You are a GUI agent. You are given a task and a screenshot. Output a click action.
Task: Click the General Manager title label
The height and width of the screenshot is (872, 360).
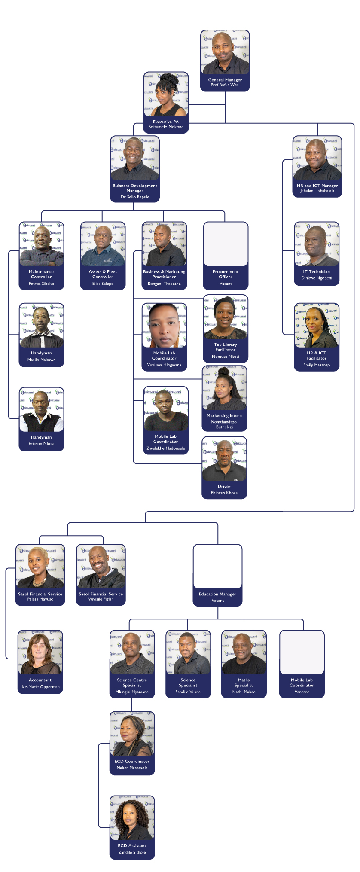pyautogui.click(x=225, y=80)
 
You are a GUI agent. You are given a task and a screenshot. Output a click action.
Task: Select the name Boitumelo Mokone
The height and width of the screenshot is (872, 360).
pyautogui.click(x=166, y=127)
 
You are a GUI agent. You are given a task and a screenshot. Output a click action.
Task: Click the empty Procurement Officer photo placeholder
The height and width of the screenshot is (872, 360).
pyautogui.click(x=226, y=244)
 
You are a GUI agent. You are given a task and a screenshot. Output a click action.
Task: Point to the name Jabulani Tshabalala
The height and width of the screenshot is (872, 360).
pyautogui.click(x=317, y=191)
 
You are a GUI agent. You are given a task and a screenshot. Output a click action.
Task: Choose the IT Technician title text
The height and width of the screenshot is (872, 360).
pyautogui.click(x=317, y=272)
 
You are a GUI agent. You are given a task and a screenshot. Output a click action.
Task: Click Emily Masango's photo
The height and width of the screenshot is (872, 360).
pyautogui.click(x=317, y=325)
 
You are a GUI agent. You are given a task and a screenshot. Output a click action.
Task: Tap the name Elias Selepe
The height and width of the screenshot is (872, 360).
pyautogui.click(x=103, y=284)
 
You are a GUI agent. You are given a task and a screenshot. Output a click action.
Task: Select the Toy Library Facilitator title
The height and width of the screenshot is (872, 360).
pyautogui.click(x=226, y=347)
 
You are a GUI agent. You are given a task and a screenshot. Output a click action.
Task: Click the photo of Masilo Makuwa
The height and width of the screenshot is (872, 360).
pyautogui.click(x=41, y=325)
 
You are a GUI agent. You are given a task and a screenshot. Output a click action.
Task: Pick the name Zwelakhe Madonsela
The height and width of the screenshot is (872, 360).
pyautogui.click(x=166, y=448)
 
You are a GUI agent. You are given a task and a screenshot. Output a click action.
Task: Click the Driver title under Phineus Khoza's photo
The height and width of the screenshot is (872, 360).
pyautogui.click(x=224, y=487)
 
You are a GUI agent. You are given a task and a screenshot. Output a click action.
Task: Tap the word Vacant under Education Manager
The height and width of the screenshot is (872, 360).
pyautogui.click(x=218, y=601)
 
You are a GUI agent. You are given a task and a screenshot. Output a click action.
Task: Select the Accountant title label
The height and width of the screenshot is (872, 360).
pyautogui.click(x=40, y=680)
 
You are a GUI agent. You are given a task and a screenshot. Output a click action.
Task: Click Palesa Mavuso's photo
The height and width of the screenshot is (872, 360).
pyautogui.click(x=40, y=566)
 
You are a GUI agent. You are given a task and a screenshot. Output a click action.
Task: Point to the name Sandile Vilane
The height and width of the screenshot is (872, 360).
pyautogui.click(x=188, y=692)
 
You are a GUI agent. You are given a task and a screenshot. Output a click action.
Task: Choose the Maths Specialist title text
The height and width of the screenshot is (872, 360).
pyautogui.click(x=244, y=683)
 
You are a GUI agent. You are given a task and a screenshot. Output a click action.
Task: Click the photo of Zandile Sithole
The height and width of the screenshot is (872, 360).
pyautogui.click(x=132, y=818)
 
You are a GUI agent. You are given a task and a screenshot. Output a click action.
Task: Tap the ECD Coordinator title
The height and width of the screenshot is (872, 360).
pyautogui.click(x=132, y=761)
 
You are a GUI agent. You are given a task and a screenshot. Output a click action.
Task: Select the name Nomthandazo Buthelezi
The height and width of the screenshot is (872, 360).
pyautogui.click(x=224, y=424)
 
